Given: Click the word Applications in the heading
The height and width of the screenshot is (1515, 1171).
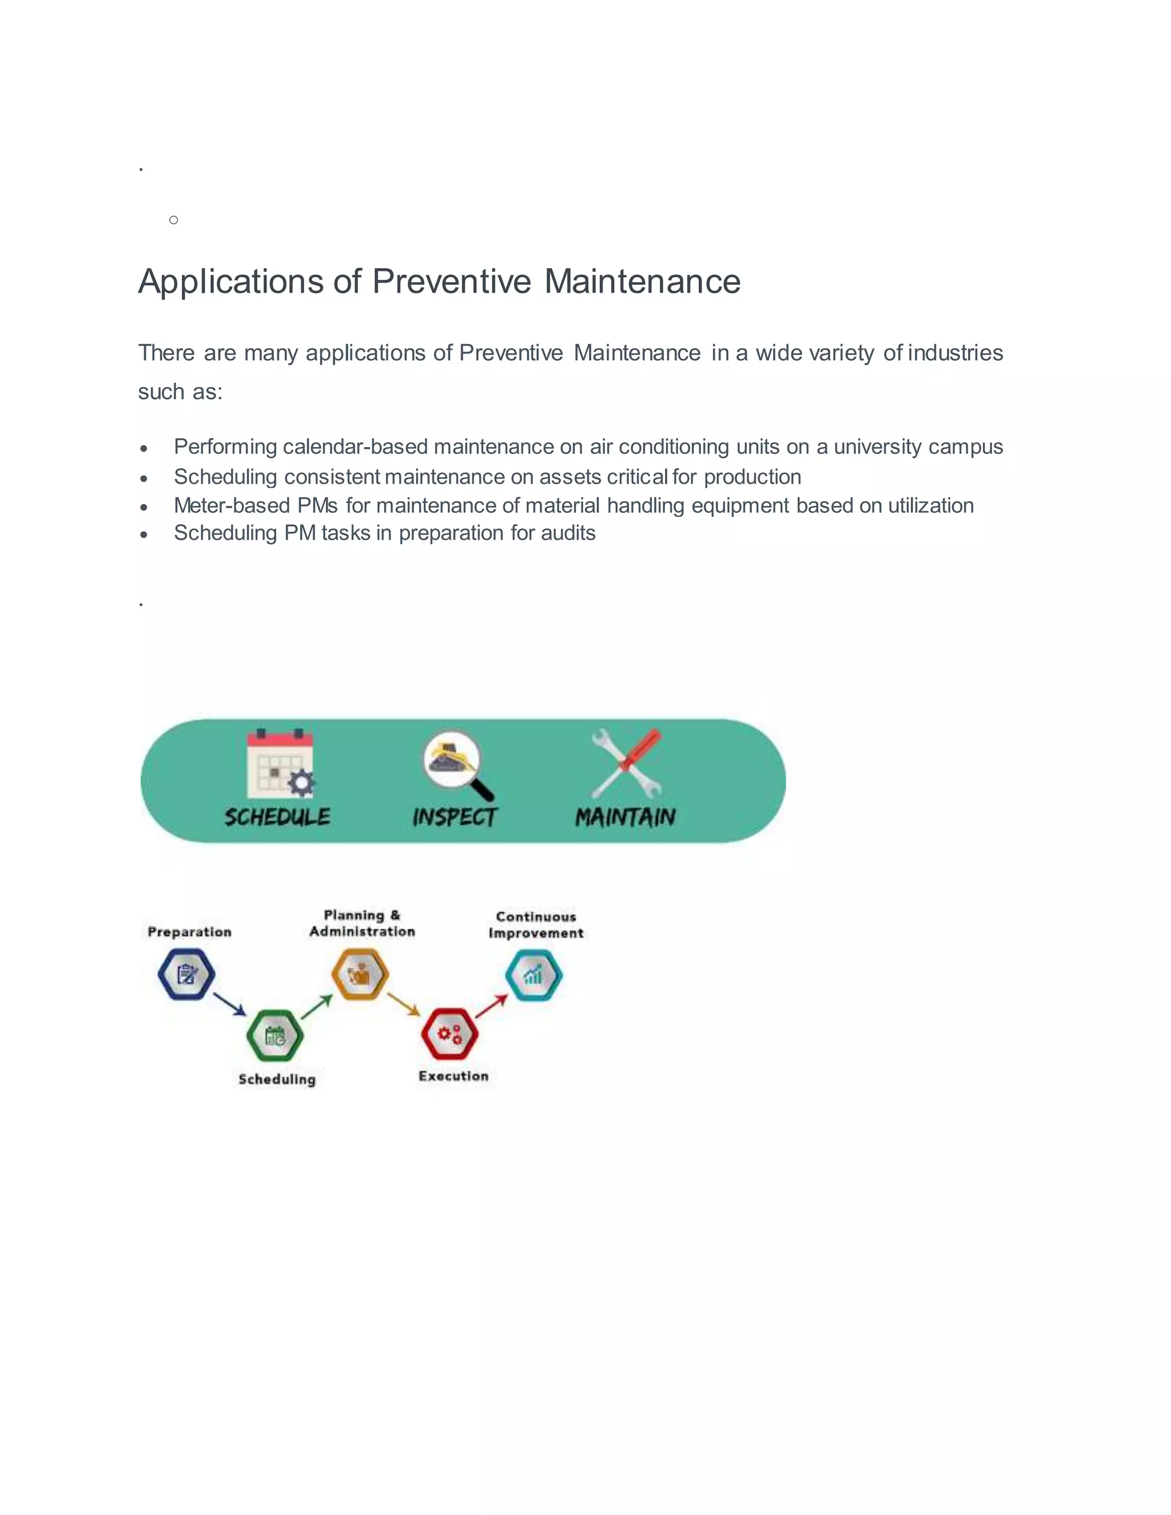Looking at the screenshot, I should [x=231, y=282].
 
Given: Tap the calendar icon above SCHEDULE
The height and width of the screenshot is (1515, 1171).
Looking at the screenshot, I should [x=280, y=764].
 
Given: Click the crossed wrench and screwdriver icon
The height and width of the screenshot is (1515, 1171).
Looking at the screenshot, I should [x=627, y=763].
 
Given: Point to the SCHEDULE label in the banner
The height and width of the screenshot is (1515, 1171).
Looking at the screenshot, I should [x=277, y=817].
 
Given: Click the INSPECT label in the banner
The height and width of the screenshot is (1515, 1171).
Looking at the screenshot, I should [x=455, y=817].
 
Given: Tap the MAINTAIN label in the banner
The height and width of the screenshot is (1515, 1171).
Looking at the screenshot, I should [x=625, y=817].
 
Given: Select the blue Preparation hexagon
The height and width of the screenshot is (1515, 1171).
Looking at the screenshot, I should [x=186, y=975].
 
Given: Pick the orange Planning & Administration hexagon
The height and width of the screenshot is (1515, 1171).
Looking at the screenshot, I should [x=359, y=975].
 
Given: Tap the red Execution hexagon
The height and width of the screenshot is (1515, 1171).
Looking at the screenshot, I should [x=449, y=1034].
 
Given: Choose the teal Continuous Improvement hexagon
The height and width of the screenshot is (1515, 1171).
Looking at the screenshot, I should [x=533, y=975].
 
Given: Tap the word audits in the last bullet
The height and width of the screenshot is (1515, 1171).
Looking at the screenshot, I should [x=568, y=533].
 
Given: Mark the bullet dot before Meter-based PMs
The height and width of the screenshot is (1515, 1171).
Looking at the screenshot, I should [x=144, y=507].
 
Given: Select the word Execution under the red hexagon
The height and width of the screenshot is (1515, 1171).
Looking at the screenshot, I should [x=453, y=1076].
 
